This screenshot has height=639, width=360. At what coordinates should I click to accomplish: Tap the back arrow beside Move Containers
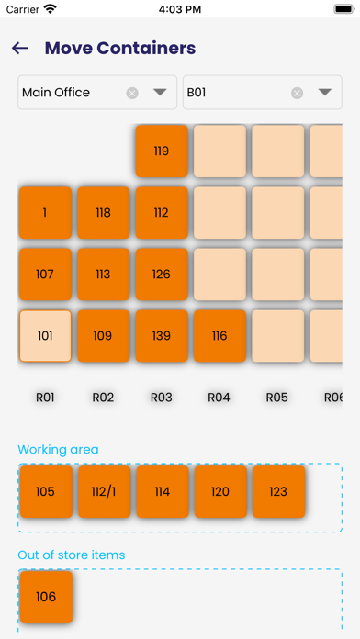pyautogui.click(x=20, y=49)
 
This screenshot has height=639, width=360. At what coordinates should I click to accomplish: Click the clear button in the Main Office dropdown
pyautogui.click(x=132, y=93)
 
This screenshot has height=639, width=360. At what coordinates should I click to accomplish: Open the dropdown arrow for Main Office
pyautogui.click(x=160, y=92)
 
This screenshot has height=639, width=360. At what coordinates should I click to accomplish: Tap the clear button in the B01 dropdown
pyautogui.click(x=297, y=93)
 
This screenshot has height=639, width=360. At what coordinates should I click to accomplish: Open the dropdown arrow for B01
pyautogui.click(x=324, y=92)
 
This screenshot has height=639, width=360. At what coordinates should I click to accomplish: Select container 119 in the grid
pyautogui.click(x=162, y=151)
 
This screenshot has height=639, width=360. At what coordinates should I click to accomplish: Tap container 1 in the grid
pyautogui.click(x=45, y=213)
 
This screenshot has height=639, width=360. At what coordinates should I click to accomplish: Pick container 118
pyautogui.click(x=103, y=213)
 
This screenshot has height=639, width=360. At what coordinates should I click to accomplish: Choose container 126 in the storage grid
pyautogui.click(x=162, y=274)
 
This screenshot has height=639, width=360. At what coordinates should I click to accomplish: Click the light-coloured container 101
pyautogui.click(x=45, y=336)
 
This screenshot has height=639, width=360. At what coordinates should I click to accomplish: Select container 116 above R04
pyautogui.click(x=219, y=336)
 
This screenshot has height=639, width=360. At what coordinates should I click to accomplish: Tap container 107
pyautogui.click(x=45, y=274)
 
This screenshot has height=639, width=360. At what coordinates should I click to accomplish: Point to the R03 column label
pyautogui.click(x=161, y=398)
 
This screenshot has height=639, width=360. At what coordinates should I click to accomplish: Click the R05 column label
pyautogui.click(x=277, y=398)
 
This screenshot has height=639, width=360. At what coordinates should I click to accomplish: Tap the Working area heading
pyautogui.click(x=58, y=449)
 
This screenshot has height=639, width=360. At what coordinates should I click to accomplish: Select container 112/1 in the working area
pyautogui.click(x=103, y=492)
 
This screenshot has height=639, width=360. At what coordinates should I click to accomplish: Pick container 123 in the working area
pyautogui.click(x=278, y=492)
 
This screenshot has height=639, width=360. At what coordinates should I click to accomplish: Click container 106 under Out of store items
pyautogui.click(x=45, y=597)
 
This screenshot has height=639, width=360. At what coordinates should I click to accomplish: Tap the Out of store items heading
pyautogui.click(x=71, y=555)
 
